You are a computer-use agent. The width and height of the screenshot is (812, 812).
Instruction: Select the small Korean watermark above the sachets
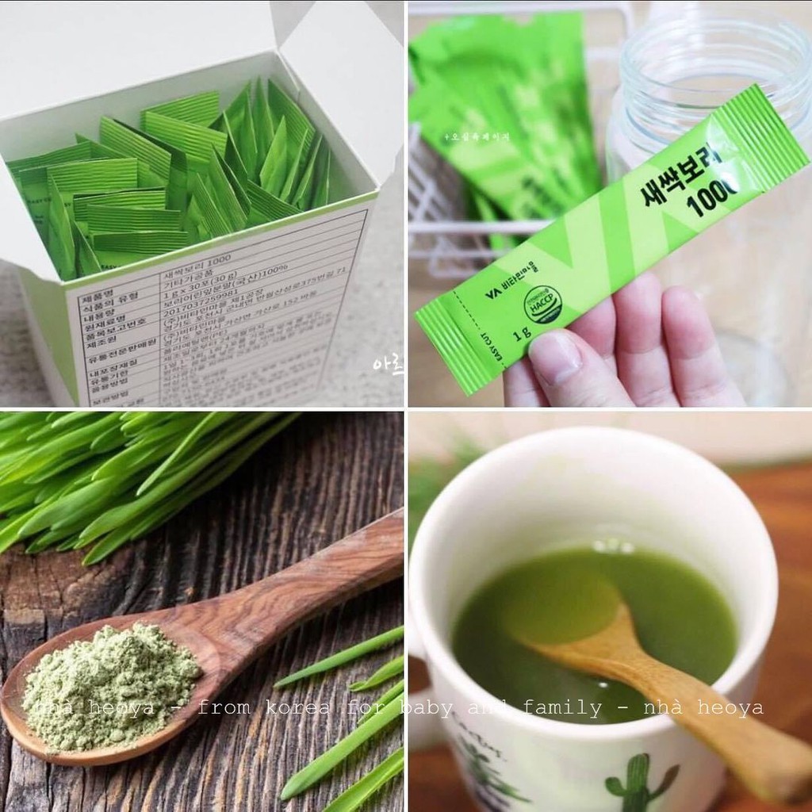[x=477, y=136]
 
